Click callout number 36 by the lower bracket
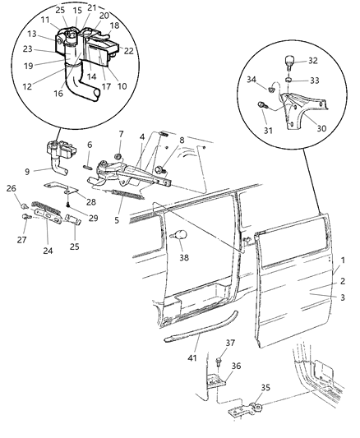(237, 366)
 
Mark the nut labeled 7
(120, 155)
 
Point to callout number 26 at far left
(11, 188)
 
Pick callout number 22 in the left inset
(128, 52)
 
